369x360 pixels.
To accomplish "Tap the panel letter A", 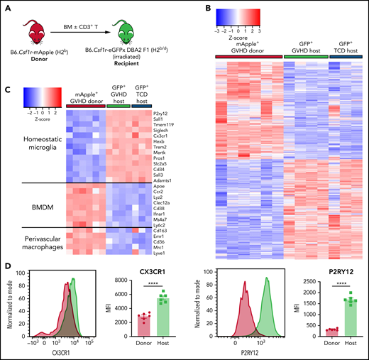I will point(6,6).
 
